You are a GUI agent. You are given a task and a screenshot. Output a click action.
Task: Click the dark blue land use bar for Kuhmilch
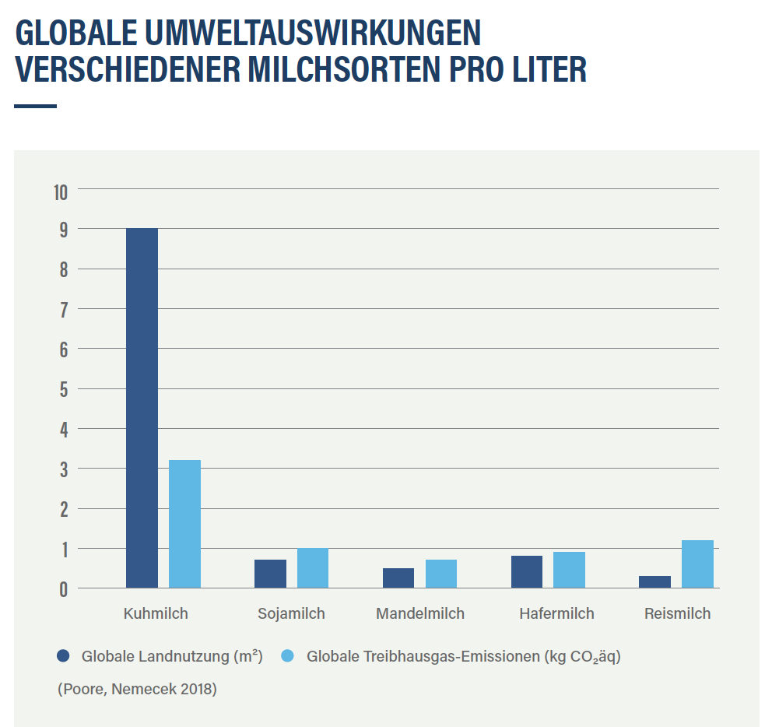[x=142, y=408]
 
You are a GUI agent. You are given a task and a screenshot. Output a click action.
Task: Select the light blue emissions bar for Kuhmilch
[x=184, y=524]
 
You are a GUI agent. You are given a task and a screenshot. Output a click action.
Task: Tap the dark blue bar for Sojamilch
[x=270, y=574]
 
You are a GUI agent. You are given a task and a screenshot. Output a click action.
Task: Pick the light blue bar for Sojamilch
[x=313, y=568]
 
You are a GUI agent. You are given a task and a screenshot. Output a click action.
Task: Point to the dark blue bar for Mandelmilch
[x=398, y=578]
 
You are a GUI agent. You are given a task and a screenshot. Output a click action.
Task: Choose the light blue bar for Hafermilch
[x=569, y=570]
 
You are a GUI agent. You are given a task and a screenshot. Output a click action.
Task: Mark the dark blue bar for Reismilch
[x=654, y=581]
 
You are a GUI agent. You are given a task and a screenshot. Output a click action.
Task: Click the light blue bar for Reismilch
[x=697, y=564]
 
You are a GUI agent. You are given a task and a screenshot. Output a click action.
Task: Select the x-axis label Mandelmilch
[x=420, y=613]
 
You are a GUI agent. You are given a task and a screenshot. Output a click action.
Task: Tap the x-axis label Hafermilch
[x=556, y=613]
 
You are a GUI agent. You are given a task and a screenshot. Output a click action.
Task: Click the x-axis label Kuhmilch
[x=156, y=613]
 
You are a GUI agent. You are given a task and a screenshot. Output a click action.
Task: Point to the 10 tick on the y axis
[x=61, y=191]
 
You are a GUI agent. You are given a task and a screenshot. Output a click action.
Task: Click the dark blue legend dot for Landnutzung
[x=64, y=656]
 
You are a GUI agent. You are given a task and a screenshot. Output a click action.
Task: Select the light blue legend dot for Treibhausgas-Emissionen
[x=287, y=656]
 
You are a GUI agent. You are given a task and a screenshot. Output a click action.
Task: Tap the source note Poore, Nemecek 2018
[x=137, y=690]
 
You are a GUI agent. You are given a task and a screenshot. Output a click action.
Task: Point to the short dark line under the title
[x=36, y=106]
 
